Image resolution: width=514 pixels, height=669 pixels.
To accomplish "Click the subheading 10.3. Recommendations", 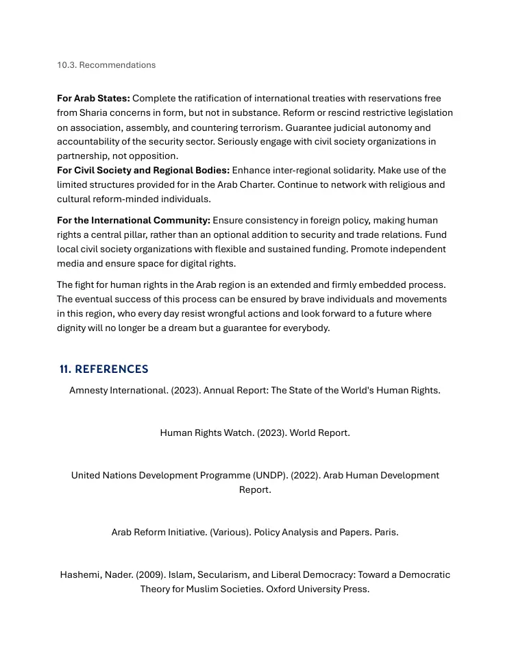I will (106, 65).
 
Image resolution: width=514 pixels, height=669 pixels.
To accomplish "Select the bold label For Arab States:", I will (93, 99).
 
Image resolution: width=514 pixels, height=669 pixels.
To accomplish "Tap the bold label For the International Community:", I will (134, 221).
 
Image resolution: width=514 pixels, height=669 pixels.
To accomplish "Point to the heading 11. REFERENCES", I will (104, 369).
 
